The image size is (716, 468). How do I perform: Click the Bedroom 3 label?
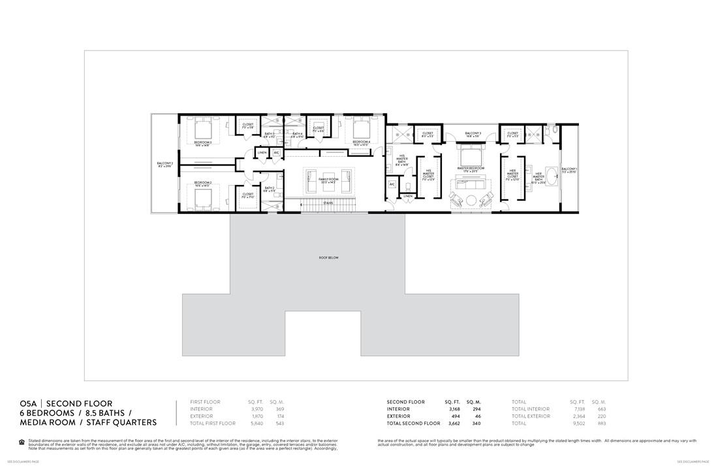click(x=202, y=142)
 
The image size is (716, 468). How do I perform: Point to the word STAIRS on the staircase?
click(x=327, y=203)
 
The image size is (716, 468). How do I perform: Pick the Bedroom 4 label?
click(x=362, y=142)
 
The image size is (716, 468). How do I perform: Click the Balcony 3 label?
click(x=473, y=134)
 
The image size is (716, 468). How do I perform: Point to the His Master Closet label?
click(x=428, y=175)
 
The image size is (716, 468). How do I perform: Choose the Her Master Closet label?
click(x=512, y=175)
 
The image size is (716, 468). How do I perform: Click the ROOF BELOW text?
click(x=327, y=258)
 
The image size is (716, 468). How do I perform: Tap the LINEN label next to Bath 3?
click(x=262, y=152)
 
